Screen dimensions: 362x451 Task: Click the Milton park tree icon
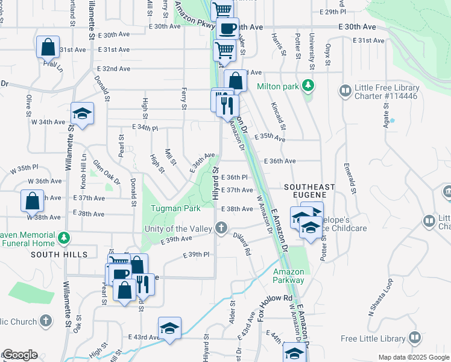(x=309, y=86)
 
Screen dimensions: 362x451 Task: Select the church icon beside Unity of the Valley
(x=222, y=228)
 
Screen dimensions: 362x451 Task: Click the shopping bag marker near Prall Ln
(x=48, y=47)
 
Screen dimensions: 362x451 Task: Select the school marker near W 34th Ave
(x=82, y=113)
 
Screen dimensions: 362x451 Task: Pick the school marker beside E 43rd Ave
(x=170, y=328)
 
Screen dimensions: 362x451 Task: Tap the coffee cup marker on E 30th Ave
(x=228, y=28)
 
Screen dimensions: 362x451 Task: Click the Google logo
(x=19, y=354)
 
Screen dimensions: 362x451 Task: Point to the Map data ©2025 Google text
(x=413, y=357)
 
